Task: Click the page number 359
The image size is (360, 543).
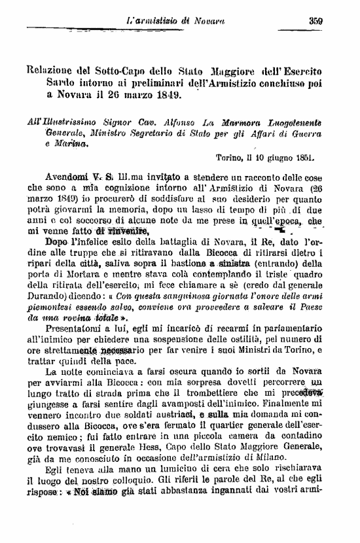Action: (x=317, y=20)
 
